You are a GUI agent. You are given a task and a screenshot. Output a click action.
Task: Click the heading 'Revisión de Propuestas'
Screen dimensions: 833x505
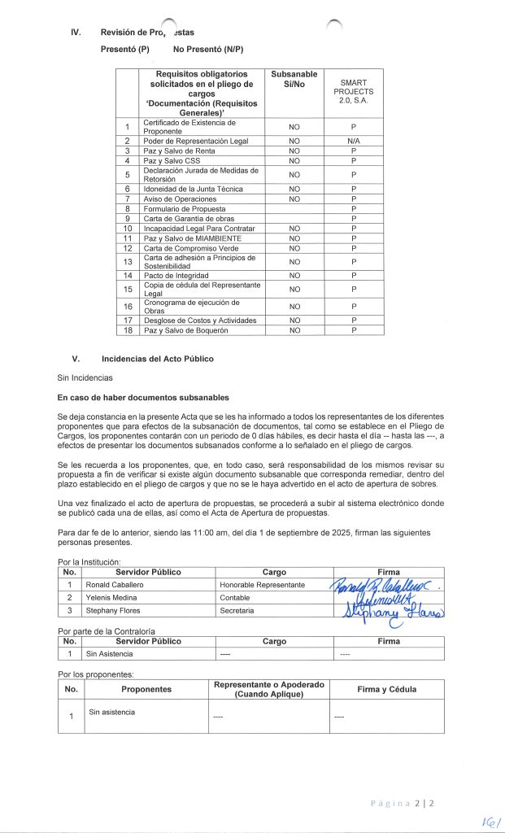[x=147, y=32]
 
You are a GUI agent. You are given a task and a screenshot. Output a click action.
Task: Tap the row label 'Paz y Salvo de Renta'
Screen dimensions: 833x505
[x=178, y=150]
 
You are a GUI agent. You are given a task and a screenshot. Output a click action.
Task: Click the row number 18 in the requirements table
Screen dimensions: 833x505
[x=128, y=330]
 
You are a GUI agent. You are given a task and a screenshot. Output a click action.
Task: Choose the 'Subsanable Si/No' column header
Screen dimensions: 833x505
[x=294, y=80]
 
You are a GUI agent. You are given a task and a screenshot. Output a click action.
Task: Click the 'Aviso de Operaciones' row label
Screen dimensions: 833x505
[x=180, y=198]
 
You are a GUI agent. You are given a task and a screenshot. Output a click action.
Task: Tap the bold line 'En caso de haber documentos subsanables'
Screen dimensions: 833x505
[x=143, y=397]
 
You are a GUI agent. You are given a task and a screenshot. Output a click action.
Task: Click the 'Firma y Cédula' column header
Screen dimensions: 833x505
[x=386, y=690]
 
